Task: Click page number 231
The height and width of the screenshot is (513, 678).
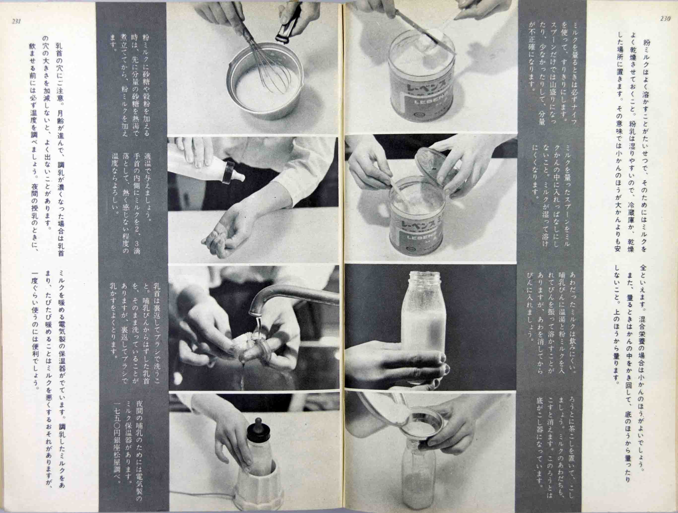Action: click(x=16, y=21)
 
